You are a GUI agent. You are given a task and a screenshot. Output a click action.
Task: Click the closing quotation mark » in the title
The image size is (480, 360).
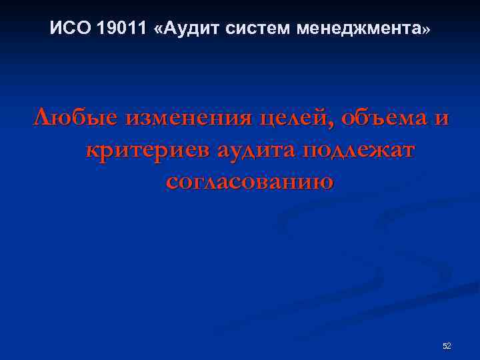[427, 30]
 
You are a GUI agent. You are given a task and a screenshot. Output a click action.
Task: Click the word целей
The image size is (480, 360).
[293, 119]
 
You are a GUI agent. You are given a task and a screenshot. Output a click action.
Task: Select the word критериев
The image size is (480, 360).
[146, 151]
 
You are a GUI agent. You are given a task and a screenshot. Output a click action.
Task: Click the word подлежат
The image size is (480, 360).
[359, 151]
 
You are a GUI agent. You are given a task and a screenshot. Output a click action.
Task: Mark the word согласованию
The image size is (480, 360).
[249, 181]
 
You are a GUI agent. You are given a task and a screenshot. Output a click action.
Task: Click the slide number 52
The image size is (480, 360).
[447, 345]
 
